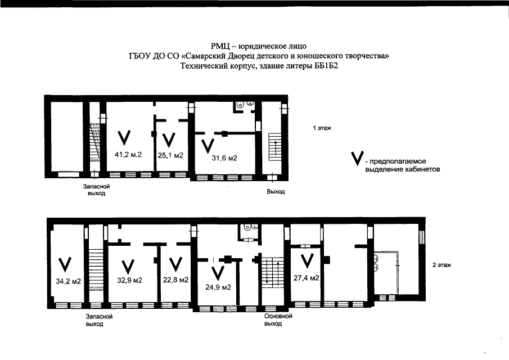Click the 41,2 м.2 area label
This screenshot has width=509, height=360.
[x=128, y=155]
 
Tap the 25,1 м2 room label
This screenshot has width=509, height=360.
[x=170, y=155]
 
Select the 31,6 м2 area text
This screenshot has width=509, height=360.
[x=224, y=158]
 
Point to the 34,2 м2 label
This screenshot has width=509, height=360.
[x=68, y=281]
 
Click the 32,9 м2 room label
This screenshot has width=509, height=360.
[x=129, y=280]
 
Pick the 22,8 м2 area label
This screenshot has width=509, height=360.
[x=175, y=280]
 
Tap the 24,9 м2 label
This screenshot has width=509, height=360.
[x=218, y=287]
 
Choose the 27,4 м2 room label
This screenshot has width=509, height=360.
[x=306, y=278]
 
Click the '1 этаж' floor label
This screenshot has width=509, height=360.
[x=322, y=128]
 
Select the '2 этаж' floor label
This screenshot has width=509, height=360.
[x=442, y=265]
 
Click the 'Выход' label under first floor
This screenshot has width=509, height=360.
[x=276, y=191]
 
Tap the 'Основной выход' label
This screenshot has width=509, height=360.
[x=278, y=319]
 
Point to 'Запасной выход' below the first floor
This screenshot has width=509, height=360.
[x=96, y=190]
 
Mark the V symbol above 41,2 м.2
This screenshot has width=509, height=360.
[x=124, y=138]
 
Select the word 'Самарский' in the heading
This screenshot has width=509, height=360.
[x=199, y=56]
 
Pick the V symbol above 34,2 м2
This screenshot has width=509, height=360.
[x=65, y=264]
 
